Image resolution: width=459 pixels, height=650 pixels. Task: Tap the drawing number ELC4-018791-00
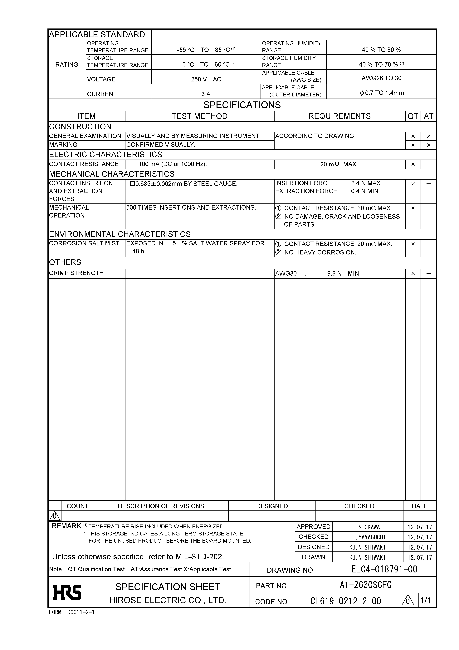coord(384,569)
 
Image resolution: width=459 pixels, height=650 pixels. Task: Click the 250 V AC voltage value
coord(206,79)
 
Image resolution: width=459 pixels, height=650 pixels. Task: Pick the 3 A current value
coord(206,94)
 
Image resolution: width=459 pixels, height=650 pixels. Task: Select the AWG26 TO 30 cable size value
coord(381,78)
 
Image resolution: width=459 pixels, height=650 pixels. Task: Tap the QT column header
coord(413,116)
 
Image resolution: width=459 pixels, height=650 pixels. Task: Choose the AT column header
coord(428,116)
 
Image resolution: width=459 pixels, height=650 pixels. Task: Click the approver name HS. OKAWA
coord(367,527)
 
